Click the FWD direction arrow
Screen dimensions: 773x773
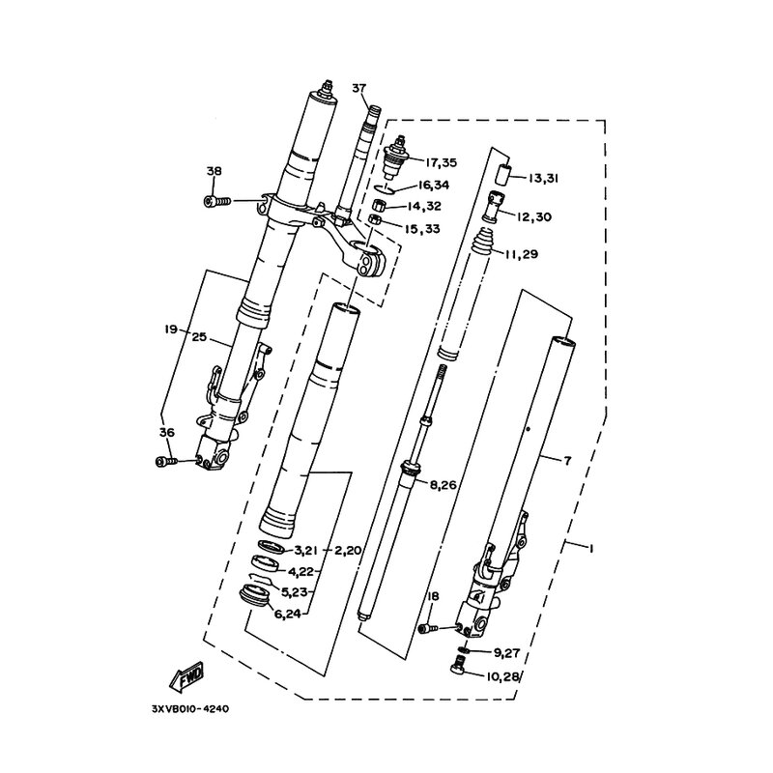[186, 675]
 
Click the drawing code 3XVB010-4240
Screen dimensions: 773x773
[190, 709]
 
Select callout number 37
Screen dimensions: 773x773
[358, 88]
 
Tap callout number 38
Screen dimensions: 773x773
[214, 171]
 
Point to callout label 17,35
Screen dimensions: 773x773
[442, 162]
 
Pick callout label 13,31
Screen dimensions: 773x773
[543, 178]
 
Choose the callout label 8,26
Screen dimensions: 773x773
[444, 485]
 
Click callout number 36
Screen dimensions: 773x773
[166, 432]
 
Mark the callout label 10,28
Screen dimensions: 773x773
[503, 677]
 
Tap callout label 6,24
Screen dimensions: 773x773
[287, 615]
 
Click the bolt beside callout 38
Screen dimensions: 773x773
[217, 201]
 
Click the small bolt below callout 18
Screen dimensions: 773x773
[428, 629]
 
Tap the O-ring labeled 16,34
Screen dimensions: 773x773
[384, 189]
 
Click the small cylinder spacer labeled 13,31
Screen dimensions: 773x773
[501, 175]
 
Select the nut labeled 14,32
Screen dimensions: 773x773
[379, 204]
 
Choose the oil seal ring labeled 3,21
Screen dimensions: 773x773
[271, 546]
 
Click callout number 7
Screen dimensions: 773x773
[567, 461]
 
